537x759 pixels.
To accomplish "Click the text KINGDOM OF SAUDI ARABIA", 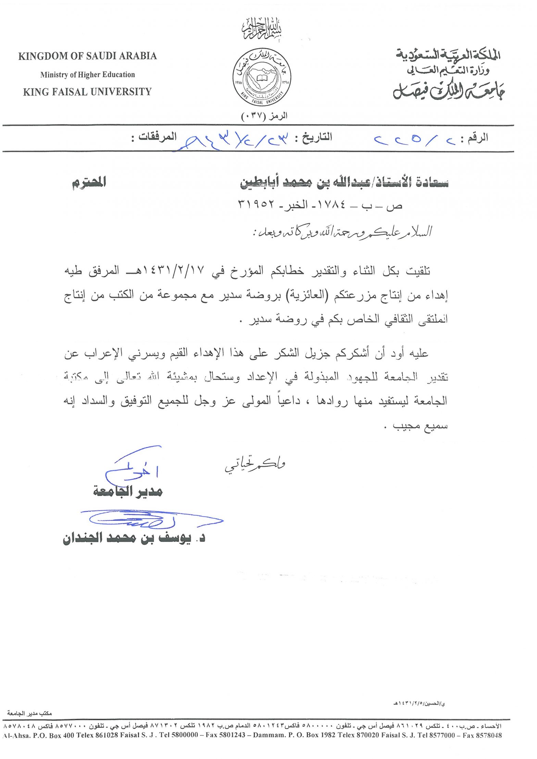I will tap(87, 56).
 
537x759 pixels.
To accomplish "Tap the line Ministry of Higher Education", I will tap(87, 75).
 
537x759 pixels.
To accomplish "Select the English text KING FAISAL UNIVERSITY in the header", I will tap(87, 92).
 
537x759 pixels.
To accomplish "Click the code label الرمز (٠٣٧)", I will tap(264, 116).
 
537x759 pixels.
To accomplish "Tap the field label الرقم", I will tap(477, 138).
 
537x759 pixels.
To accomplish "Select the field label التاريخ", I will tap(317, 138).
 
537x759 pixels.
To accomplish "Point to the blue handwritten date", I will tap(236, 140).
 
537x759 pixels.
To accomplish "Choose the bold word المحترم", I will tap(89, 182).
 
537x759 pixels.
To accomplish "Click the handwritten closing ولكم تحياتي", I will tap(255, 465).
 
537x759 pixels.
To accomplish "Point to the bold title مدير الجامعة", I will tap(128, 492).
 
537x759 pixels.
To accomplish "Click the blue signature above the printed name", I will tap(151, 520).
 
